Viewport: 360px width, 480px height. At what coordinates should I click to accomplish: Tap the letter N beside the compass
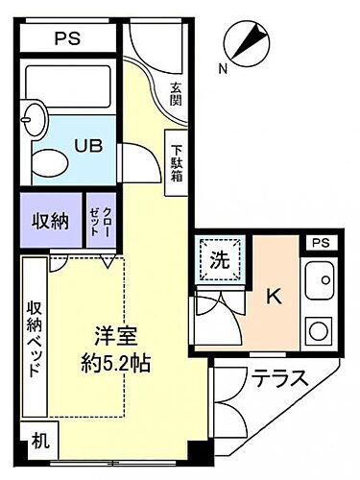pos(223,67)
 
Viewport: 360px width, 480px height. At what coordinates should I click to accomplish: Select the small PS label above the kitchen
pos(321,244)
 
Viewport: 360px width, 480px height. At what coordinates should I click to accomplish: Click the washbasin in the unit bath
pos(36,121)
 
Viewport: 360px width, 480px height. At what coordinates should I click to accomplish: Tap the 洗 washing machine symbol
pos(220,259)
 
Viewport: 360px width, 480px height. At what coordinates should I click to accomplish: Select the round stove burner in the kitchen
pos(318,331)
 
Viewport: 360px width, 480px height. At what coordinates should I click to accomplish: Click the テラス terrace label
pos(279,378)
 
